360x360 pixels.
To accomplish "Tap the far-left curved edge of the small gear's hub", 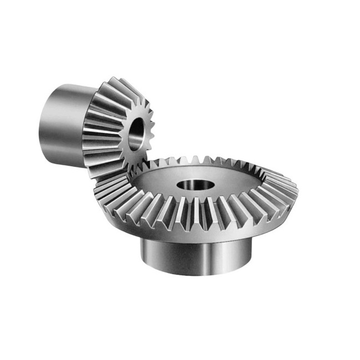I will point(40,125).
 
